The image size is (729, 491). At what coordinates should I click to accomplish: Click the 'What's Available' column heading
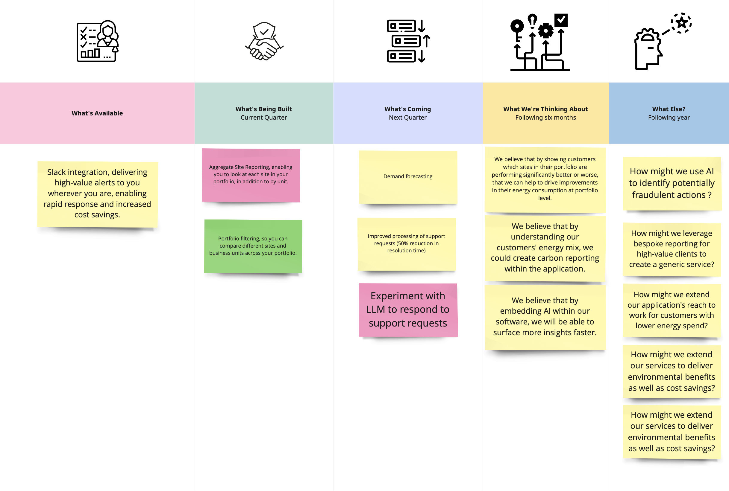[x=97, y=113]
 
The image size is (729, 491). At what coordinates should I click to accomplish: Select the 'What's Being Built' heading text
[x=263, y=109]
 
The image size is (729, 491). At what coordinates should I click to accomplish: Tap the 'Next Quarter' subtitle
[x=407, y=118]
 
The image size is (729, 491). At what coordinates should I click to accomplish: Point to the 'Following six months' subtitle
[x=545, y=118]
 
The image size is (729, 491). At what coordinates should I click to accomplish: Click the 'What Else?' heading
[x=669, y=109]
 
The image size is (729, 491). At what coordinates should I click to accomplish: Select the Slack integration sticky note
[x=97, y=193]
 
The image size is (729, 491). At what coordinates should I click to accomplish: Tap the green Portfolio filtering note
[x=253, y=246]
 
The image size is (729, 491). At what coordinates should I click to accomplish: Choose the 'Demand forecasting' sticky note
[x=408, y=177]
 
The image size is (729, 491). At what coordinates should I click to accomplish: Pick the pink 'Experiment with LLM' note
[x=408, y=309]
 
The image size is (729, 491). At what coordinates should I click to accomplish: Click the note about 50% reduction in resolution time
[x=406, y=244]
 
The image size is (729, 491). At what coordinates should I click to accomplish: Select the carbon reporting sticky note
[x=545, y=248]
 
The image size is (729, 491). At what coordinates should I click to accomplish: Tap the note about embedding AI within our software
[x=545, y=317]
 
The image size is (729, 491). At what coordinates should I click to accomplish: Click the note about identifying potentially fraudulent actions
[x=671, y=183]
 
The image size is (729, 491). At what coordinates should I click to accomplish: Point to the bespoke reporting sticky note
[x=671, y=249]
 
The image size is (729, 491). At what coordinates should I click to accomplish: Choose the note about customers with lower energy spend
[x=671, y=310]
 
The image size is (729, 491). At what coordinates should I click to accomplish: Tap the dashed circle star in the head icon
[x=681, y=23]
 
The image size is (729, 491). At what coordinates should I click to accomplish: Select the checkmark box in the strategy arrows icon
[x=561, y=20]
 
